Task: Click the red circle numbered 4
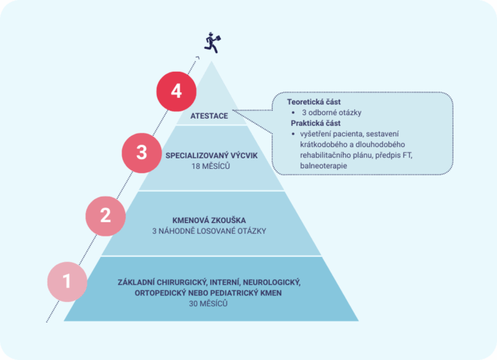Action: click(176, 92)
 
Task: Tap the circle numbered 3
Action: click(142, 153)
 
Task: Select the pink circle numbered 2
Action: click(106, 216)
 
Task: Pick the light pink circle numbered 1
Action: click(67, 281)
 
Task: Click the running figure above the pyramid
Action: click(212, 43)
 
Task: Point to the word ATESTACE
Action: click(209, 116)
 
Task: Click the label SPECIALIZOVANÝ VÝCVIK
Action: click(212, 156)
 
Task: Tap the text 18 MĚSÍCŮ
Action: click(210, 166)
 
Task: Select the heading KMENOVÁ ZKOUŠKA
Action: click(209, 220)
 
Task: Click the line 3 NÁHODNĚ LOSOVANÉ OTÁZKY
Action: click(209, 231)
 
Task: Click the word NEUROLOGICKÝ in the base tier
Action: click(272, 283)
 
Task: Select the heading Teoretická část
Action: click(314, 102)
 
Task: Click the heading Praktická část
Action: click(316, 124)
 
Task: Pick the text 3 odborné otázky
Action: click(332, 113)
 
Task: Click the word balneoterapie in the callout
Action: click(324, 165)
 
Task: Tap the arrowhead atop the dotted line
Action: click(198, 58)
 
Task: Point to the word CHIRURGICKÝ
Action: click(182, 283)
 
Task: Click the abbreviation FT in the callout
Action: click(408, 156)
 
